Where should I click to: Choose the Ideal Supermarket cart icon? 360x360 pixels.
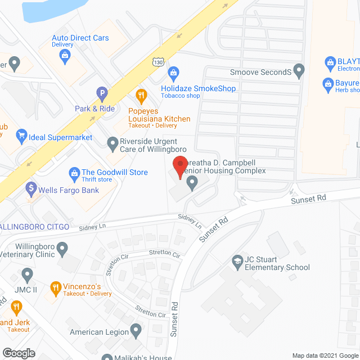click(22, 135)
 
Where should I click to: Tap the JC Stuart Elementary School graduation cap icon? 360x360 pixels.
click(238, 261)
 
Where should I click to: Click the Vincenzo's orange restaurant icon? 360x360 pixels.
click(55, 289)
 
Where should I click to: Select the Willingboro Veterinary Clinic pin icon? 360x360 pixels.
click(62, 247)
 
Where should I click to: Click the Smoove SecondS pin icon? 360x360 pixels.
click(299, 71)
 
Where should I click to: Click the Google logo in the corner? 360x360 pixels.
click(18, 353)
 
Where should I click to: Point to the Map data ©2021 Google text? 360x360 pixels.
click(324, 355)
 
